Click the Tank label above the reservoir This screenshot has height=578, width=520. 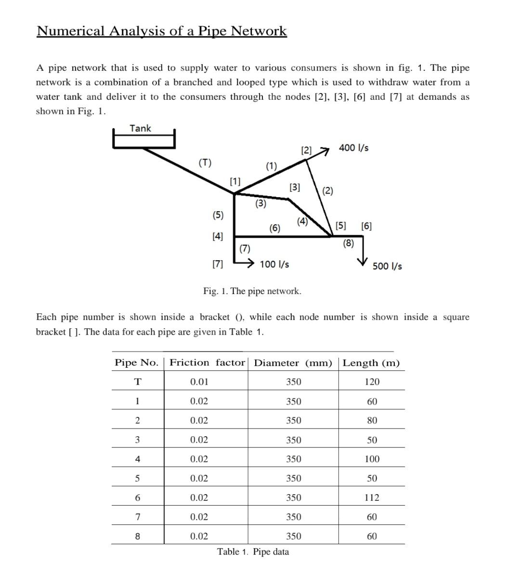pyautogui.click(x=140, y=128)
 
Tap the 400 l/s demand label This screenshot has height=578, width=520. pyautogui.click(x=353, y=148)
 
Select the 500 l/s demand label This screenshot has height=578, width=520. pyautogui.click(x=387, y=266)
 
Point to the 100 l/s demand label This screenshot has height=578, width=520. pyautogui.click(x=274, y=264)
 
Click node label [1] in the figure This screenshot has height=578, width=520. pyautogui.click(x=235, y=182)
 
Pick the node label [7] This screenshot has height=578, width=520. pyautogui.click(x=218, y=264)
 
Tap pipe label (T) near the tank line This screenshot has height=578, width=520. pyautogui.click(x=205, y=162)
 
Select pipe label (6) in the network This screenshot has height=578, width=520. pyautogui.click(x=274, y=228)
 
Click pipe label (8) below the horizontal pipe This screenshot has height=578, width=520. pyautogui.click(x=349, y=243)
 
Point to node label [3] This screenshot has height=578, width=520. pyautogui.click(x=295, y=188)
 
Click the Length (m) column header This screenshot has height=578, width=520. pyautogui.click(x=371, y=363)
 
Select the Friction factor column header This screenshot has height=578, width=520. pyautogui.click(x=207, y=363)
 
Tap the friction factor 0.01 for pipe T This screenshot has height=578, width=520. pyautogui.click(x=199, y=382)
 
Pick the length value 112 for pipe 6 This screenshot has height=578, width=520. pyautogui.click(x=372, y=497)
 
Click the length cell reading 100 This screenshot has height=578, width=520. pyautogui.click(x=372, y=459)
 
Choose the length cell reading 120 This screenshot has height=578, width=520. pyautogui.click(x=372, y=382)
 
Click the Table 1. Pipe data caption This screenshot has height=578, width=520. pyautogui.click(x=253, y=552)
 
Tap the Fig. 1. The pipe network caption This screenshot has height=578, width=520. pyautogui.click(x=252, y=291)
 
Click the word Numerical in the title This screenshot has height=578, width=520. pyautogui.click(x=71, y=31)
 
